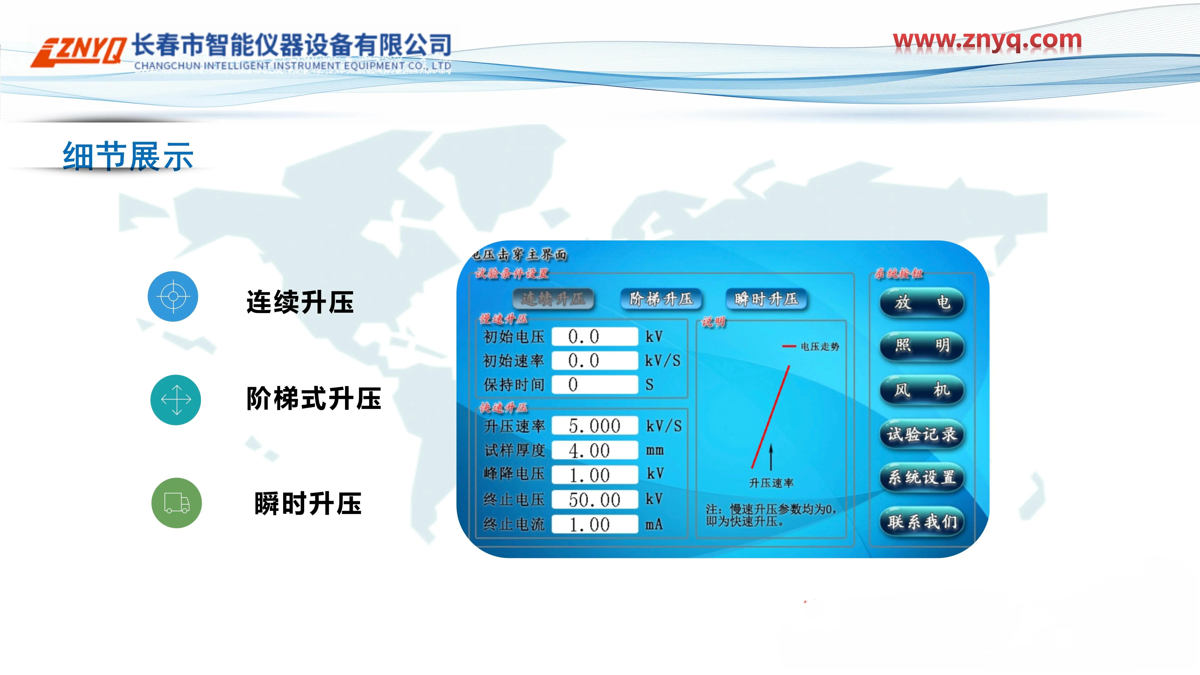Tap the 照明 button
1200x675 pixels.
pyautogui.click(x=921, y=346)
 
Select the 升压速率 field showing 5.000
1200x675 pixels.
pyautogui.click(x=594, y=426)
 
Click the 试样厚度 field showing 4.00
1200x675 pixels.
pyautogui.click(x=594, y=450)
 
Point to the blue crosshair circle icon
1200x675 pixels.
pyautogui.click(x=173, y=296)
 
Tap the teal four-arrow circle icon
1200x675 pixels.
pyautogui.click(x=176, y=400)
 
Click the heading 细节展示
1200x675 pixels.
pyautogui.click(x=128, y=156)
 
